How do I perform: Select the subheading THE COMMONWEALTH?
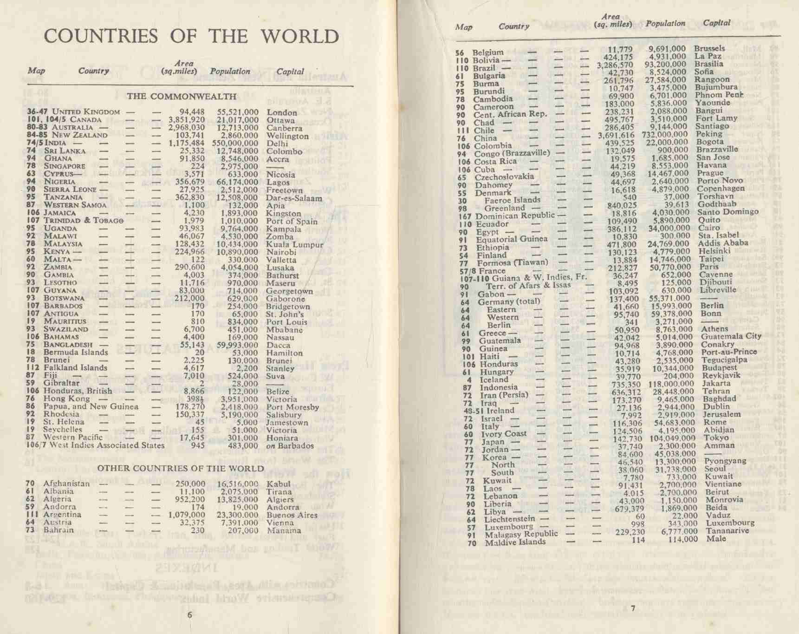(182, 97)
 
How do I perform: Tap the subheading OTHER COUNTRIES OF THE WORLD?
(181, 468)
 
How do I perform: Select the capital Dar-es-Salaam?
(294, 198)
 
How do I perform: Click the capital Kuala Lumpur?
(295, 244)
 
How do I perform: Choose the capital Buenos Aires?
(292, 515)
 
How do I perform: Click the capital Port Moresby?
(292, 407)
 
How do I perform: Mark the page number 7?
(633, 609)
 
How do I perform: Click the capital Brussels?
(709, 48)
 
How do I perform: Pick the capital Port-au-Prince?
(729, 352)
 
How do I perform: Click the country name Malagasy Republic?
(521, 534)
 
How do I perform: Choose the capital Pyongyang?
(725, 461)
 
